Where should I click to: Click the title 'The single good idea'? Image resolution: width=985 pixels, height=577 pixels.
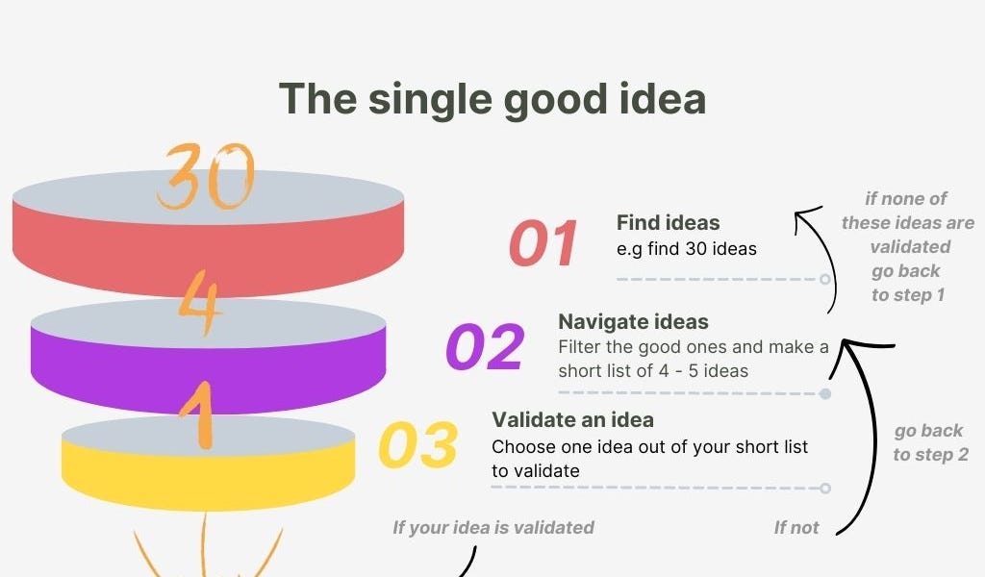(x=492, y=99)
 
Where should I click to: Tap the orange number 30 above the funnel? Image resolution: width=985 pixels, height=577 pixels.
(x=206, y=178)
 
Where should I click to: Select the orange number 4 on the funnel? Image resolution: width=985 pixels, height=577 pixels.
(x=199, y=303)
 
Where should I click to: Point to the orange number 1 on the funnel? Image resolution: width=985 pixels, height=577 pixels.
(x=200, y=416)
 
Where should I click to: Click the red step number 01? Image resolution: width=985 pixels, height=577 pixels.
(x=543, y=244)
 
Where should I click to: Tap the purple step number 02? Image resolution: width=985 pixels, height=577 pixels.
(x=485, y=347)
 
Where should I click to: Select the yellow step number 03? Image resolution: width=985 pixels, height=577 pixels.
(x=417, y=445)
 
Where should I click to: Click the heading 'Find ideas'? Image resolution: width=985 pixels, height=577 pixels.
(x=668, y=223)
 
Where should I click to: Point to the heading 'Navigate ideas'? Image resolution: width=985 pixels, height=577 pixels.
(x=633, y=322)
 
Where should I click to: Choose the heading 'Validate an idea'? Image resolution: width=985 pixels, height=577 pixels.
(x=572, y=420)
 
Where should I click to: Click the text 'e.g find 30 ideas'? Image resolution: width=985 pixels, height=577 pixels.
(x=686, y=249)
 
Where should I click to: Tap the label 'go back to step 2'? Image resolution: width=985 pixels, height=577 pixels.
(x=929, y=442)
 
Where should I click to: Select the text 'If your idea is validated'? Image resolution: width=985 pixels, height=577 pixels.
(x=492, y=527)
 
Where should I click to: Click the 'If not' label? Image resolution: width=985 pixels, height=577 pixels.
(x=796, y=527)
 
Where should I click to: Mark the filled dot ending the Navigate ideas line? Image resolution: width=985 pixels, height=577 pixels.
(x=825, y=394)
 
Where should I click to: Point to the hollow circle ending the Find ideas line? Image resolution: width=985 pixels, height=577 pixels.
(x=825, y=279)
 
